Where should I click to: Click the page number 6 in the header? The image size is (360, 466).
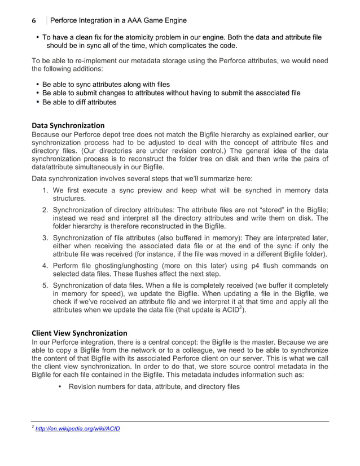34,21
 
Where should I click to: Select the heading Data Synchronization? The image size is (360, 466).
68,125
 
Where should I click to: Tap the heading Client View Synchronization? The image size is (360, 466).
80,332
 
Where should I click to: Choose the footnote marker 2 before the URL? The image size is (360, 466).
33,427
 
